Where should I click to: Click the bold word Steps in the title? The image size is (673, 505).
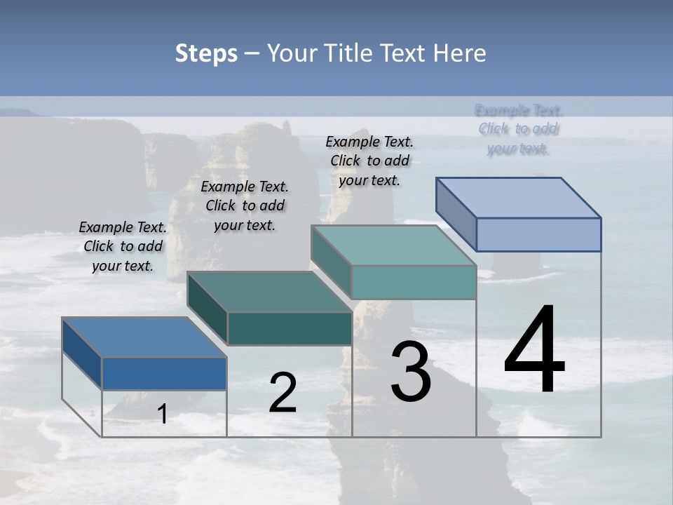pyautogui.click(x=206, y=53)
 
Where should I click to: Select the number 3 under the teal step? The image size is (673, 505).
pyautogui.click(x=411, y=371)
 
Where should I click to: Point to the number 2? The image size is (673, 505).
pyautogui.click(x=283, y=393)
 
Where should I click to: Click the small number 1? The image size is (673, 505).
pyautogui.click(x=162, y=414)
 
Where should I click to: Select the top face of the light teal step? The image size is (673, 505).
pyautogui.click(x=393, y=245)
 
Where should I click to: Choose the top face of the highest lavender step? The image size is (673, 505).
pyautogui.click(x=519, y=197)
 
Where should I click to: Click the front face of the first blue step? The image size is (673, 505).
pyautogui.click(x=164, y=373)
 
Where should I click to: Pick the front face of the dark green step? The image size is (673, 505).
pyautogui.click(x=290, y=328)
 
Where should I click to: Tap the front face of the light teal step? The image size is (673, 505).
pyautogui.click(x=414, y=282)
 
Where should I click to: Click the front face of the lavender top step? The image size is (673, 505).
pyautogui.click(x=538, y=234)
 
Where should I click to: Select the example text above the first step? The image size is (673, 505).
pyautogui.click(x=123, y=246)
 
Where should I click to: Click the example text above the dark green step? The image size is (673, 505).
pyautogui.click(x=245, y=206)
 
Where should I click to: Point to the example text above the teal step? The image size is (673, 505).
pyautogui.click(x=369, y=161)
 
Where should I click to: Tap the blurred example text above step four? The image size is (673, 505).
pyautogui.click(x=519, y=130)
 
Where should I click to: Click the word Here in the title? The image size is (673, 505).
pyautogui.click(x=463, y=53)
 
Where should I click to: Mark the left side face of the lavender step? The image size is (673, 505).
pyautogui.click(x=456, y=215)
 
